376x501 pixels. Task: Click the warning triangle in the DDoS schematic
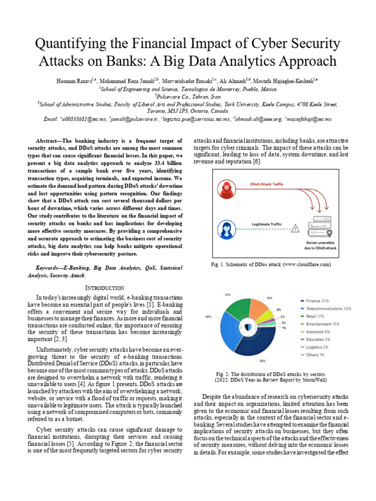point(295,228)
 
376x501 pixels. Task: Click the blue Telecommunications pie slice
point(230,328)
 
